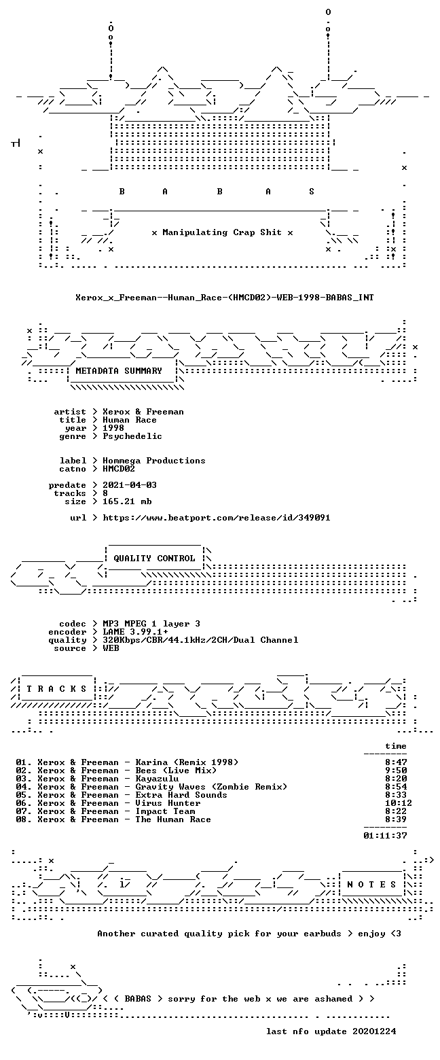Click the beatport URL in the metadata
pyautogui.click(x=216, y=518)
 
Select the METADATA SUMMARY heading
pyautogui.click(x=119, y=371)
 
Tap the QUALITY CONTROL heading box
pyautogui.click(x=154, y=559)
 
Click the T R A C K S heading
pyautogui.click(x=56, y=688)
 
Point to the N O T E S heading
pyautogui.click(x=371, y=885)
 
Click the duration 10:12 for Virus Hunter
pyautogui.click(x=399, y=803)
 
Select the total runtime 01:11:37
pyautogui.click(x=385, y=836)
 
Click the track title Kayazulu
pyautogui.click(x=157, y=779)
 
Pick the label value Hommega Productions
pyautogui.click(x=153, y=461)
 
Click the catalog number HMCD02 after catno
pyautogui.click(x=119, y=468)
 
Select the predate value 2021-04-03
pyautogui.click(x=130, y=485)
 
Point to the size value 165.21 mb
pyautogui.click(x=127, y=501)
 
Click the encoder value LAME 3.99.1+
pyautogui.click(x=135, y=632)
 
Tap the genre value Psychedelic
pyautogui.click(x=132, y=436)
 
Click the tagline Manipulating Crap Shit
pyautogui.click(x=222, y=232)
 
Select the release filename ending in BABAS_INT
pyautogui.click(x=224, y=298)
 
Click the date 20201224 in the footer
pyautogui.click(x=374, y=1031)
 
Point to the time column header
pyautogui.click(x=396, y=746)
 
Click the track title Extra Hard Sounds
pyautogui.click(x=181, y=795)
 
